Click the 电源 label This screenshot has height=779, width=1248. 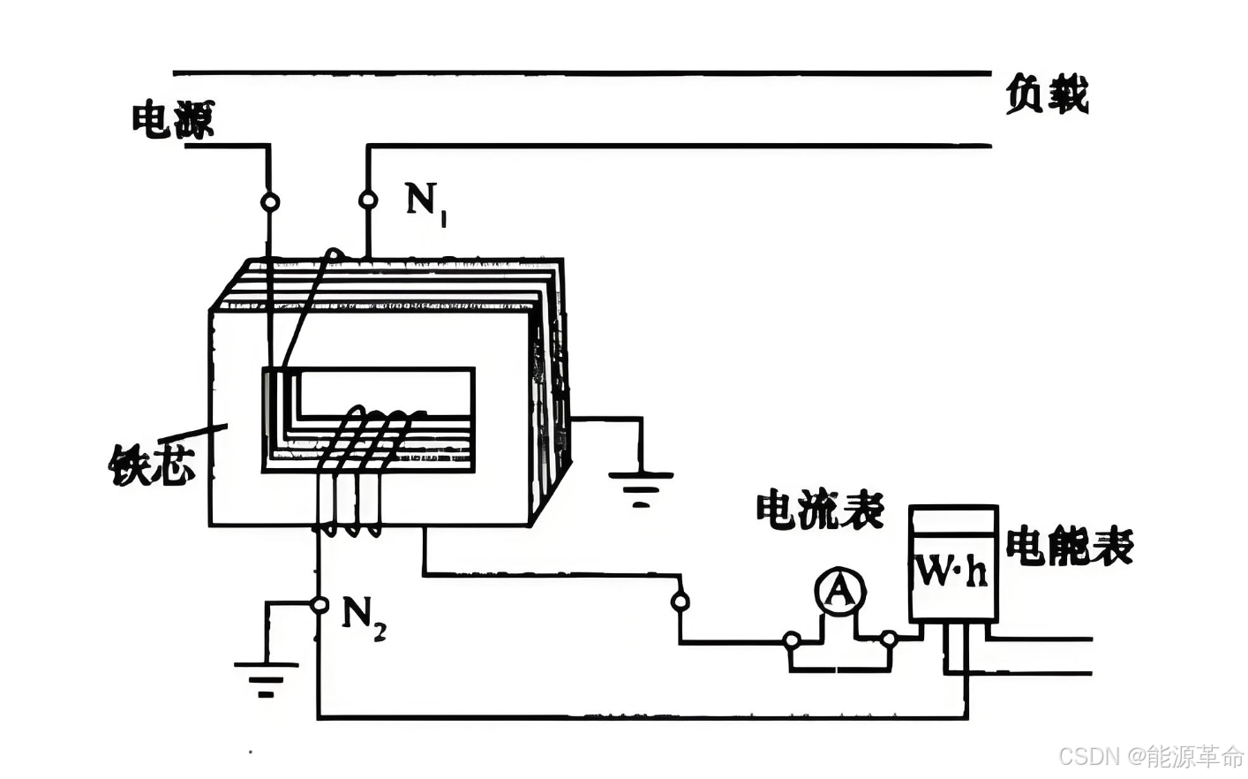[x=173, y=120]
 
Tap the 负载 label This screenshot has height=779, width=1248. [x=1047, y=95]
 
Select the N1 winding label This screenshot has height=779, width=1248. [x=426, y=202]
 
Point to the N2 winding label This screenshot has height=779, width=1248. [x=363, y=616]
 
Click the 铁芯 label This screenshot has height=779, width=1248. [x=151, y=463]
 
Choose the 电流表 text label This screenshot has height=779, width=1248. [x=820, y=510]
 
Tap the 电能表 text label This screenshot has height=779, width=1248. [x=1070, y=546]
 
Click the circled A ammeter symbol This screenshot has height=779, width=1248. [x=839, y=592]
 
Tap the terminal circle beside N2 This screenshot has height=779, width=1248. [x=320, y=605]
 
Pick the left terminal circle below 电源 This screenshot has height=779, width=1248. [x=270, y=202]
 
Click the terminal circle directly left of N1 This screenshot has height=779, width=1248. [x=368, y=200]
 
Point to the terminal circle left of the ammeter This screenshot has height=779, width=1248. [x=792, y=639]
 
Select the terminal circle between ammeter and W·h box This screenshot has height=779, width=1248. [x=890, y=639]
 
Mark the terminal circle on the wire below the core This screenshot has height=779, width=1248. [x=680, y=602]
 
